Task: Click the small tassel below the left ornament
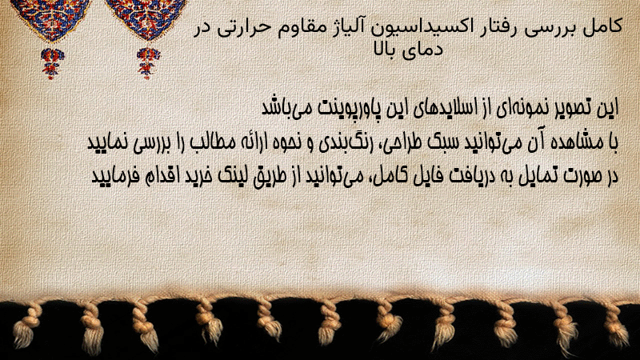[52, 62]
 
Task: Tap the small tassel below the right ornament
[148, 62]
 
